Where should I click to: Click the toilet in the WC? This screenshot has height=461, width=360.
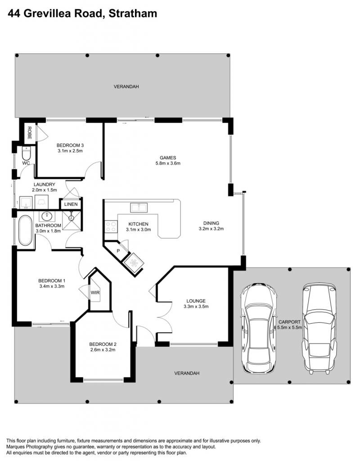(27, 154)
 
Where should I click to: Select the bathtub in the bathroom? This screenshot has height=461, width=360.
(25, 230)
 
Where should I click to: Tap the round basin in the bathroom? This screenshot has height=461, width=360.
(47, 217)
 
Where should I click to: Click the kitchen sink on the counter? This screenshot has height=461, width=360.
(139, 207)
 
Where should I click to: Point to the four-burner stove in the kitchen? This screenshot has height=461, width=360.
(111, 227)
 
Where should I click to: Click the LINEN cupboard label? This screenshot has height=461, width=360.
(71, 204)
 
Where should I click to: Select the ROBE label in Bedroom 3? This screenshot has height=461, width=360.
(29, 133)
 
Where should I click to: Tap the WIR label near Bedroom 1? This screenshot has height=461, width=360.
(95, 293)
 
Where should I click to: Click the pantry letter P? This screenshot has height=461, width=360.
(118, 251)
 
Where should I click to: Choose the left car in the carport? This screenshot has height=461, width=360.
(258, 328)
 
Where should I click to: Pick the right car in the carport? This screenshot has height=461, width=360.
(319, 328)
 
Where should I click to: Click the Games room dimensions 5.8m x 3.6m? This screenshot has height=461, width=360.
(168, 163)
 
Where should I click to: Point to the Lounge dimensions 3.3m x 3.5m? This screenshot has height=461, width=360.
(196, 306)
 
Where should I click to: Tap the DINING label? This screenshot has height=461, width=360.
(211, 223)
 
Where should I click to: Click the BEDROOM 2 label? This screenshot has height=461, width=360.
(103, 344)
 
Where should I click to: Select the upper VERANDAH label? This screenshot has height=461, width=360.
(126, 87)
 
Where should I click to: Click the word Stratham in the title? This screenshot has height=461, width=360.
(133, 14)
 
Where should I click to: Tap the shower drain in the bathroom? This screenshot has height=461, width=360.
(71, 218)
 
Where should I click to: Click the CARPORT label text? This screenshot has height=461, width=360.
(289, 322)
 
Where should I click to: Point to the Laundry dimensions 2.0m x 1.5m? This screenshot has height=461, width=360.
(45, 190)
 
